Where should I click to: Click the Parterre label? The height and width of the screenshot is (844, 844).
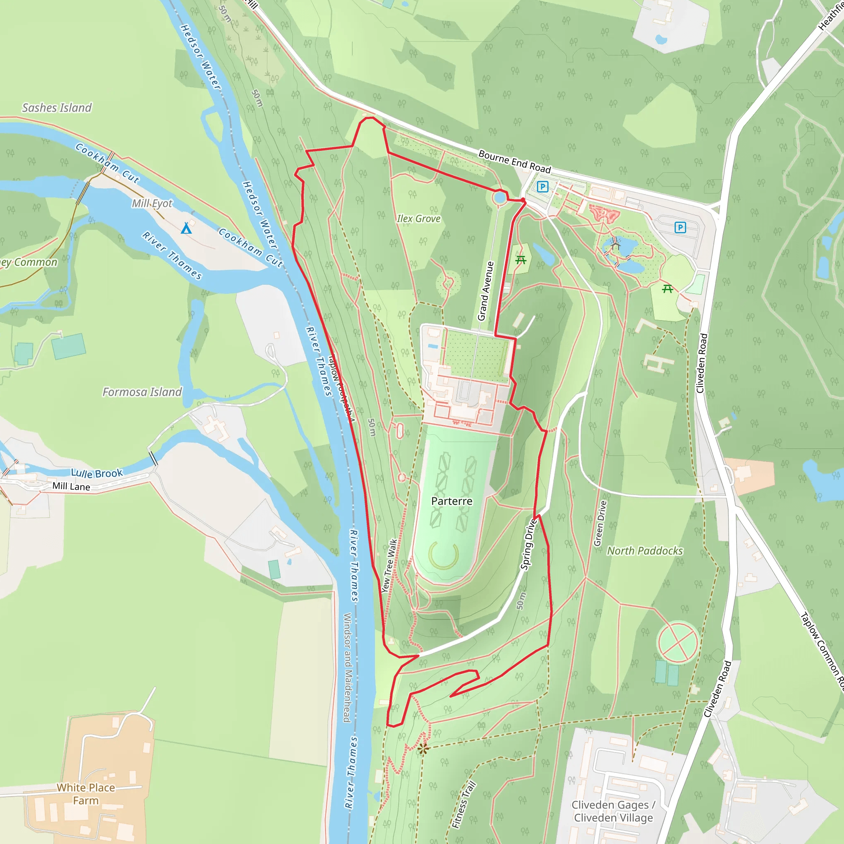tap(452, 501)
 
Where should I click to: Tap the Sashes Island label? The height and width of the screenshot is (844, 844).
tap(57, 108)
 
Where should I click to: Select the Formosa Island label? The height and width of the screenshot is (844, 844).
tap(142, 392)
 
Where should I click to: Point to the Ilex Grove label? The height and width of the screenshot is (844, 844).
tap(419, 218)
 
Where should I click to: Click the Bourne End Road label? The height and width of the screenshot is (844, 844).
tap(515, 162)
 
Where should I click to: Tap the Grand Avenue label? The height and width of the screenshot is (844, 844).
tap(485, 291)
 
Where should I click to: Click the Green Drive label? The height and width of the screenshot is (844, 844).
tap(600, 523)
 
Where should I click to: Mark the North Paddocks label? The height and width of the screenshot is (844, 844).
tap(645, 551)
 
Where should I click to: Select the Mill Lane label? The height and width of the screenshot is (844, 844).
tap(71, 486)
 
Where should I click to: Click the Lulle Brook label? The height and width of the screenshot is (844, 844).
tap(97, 473)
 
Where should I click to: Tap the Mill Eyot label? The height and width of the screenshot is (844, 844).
tap(152, 203)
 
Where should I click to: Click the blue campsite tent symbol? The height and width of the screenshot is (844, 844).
tap(187, 228)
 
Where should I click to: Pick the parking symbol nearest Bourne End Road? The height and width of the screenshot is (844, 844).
tap(543, 187)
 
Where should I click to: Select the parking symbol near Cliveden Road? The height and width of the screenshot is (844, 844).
tap(680, 227)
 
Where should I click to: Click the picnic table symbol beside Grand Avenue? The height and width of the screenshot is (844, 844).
tap(520, 260)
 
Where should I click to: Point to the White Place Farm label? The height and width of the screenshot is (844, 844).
tap(86, 794)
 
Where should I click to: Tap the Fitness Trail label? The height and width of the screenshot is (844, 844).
tap(464, 805)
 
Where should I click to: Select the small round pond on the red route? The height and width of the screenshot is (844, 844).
tap(499, 197)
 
